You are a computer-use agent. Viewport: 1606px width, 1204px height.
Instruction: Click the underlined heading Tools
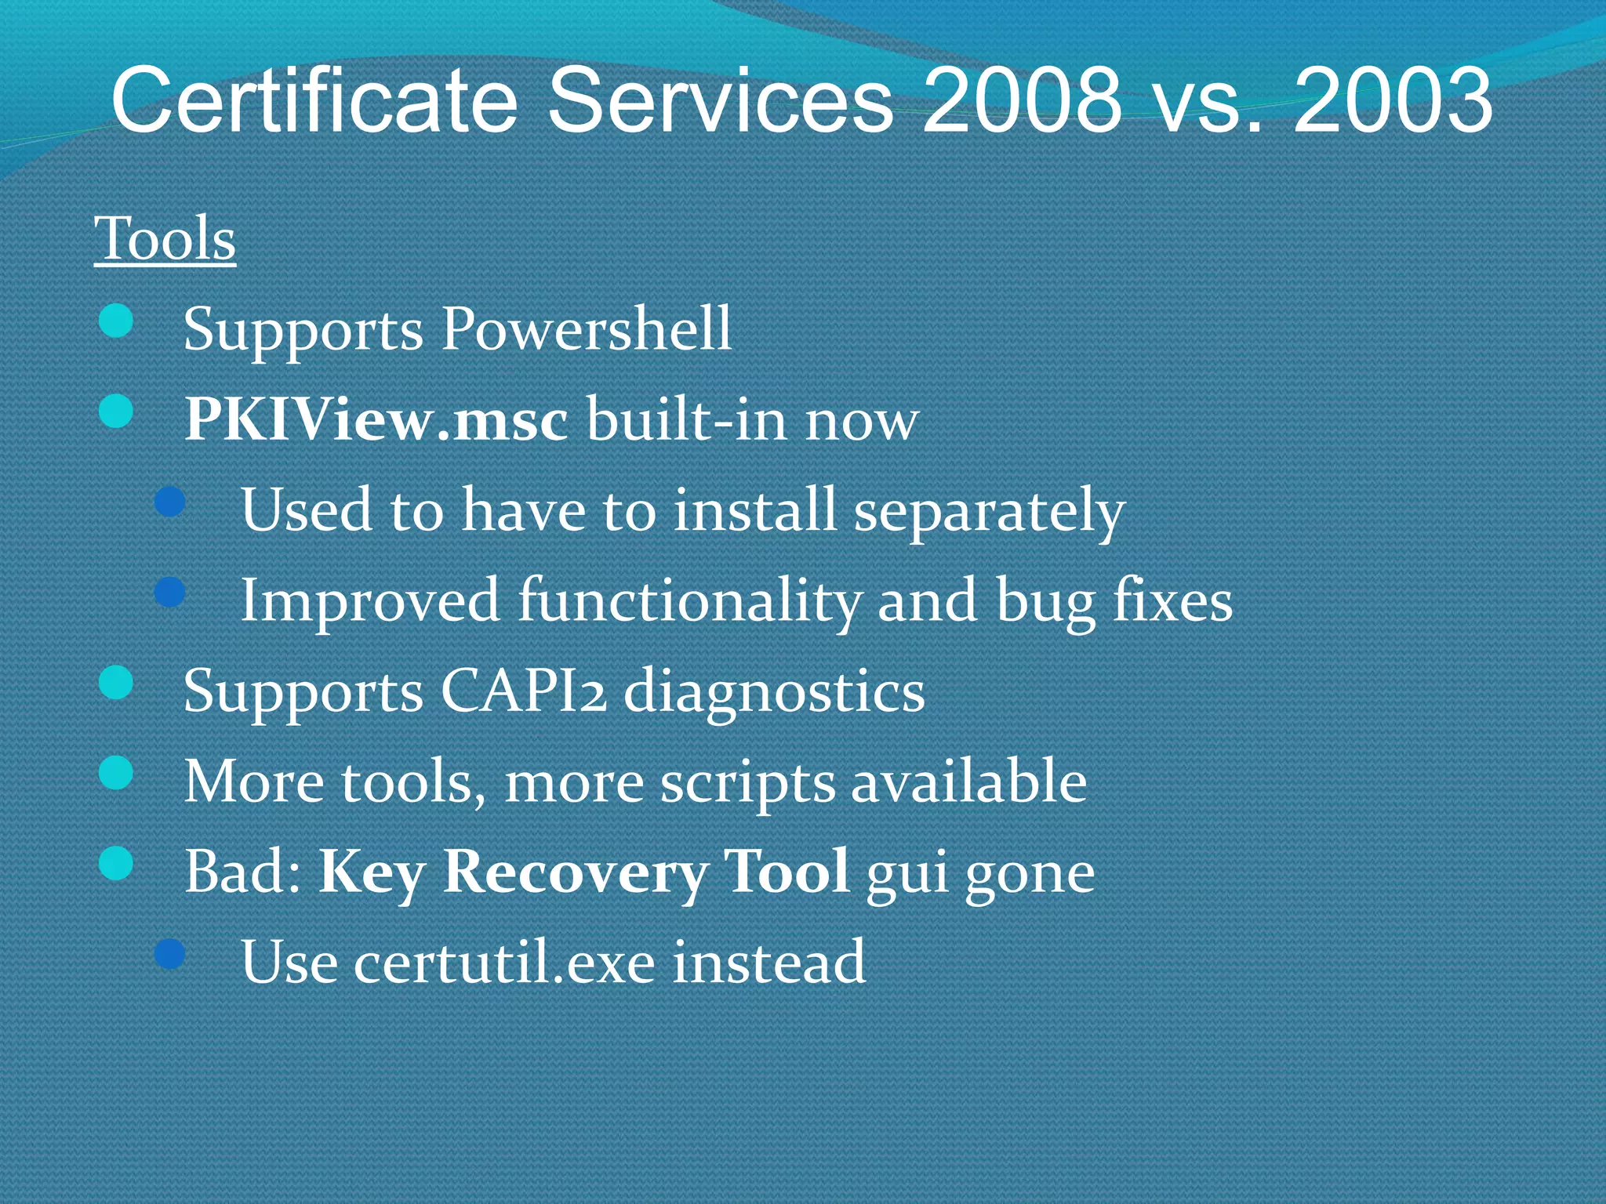click(x=165, y=239)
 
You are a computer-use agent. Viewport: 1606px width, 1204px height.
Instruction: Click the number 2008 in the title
click(x=1022, y=100)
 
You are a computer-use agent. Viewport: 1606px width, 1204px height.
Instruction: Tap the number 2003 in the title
click(x=1393, y=100)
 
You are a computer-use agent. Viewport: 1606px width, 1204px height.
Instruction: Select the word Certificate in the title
click(x=314, y=100)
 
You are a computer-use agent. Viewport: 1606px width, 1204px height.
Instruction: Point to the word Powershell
click(x=587, y=328)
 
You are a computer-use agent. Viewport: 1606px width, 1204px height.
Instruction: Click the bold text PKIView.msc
click(x=376, y=419)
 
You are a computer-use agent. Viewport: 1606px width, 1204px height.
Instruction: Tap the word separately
click(x=989, y=511)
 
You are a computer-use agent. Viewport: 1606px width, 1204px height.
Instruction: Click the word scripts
click(x=747, y=783)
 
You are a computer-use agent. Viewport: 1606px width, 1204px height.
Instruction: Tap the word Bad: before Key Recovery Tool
click(x=242, y=872)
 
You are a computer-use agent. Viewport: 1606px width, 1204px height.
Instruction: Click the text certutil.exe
click(x=503, y=963)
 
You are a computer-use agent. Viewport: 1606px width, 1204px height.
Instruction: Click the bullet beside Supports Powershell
click(x=116, y=322)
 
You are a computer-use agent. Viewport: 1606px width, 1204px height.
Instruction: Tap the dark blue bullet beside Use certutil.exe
click(x=169, y=954)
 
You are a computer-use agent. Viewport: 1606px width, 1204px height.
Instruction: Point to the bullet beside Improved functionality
click(x=169, y=593)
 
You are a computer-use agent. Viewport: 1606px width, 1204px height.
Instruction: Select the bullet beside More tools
click(x=116, y=774)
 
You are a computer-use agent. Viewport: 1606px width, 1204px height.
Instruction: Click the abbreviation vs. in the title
click(x=1207, y=100)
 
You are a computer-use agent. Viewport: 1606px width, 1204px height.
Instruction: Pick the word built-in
click(x=686, y=419)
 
